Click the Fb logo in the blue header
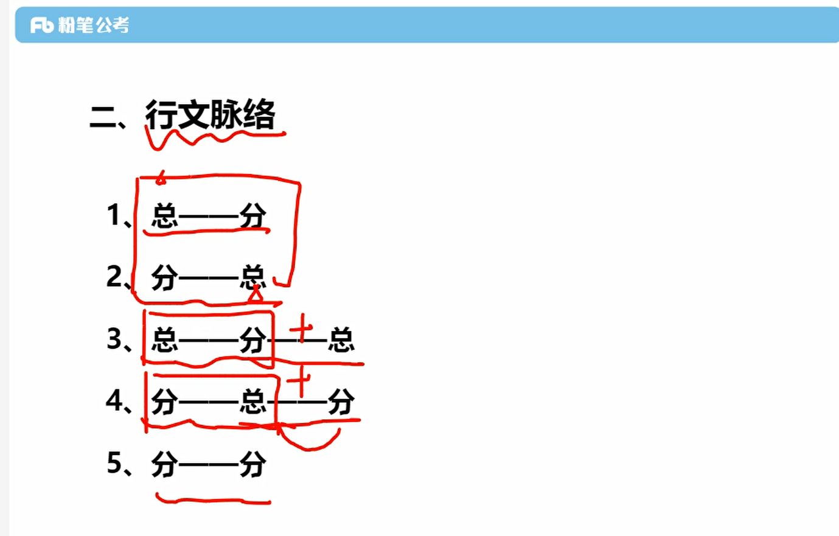pyautogui.click(x=43, y=25)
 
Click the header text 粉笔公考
pyautogui.click(x=94, y=25)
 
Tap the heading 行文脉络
pyautogui.click(x=211, y=114)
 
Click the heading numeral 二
pyautogui.click(x=103, y=116)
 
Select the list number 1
pyautogui.click(x=114, y=215)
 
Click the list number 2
pyautogui.click(x=114, y=277)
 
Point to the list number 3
pyautogui.click(x=115, y=339)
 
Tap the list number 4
pyautogui.click(x=115, y=401)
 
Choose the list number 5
pyautogui.click(x=115, y=463)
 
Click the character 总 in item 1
pyautogui.click(x=164, y=216)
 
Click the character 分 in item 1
pyautogui.click(x=252, y=216)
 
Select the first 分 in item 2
pyautogui.click(x=164, y=278)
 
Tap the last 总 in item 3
pyautogui.click(x=341, y=340)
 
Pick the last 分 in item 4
pyautogui.click(x=341, y=402)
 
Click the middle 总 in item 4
pyautogui.click(x=252, y=402)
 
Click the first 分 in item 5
pyautogui.click(x=164, y=465)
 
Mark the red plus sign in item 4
pyautogui.click(x=300, y=381)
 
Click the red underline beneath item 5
pyautogui.click(x=213, y=501)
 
